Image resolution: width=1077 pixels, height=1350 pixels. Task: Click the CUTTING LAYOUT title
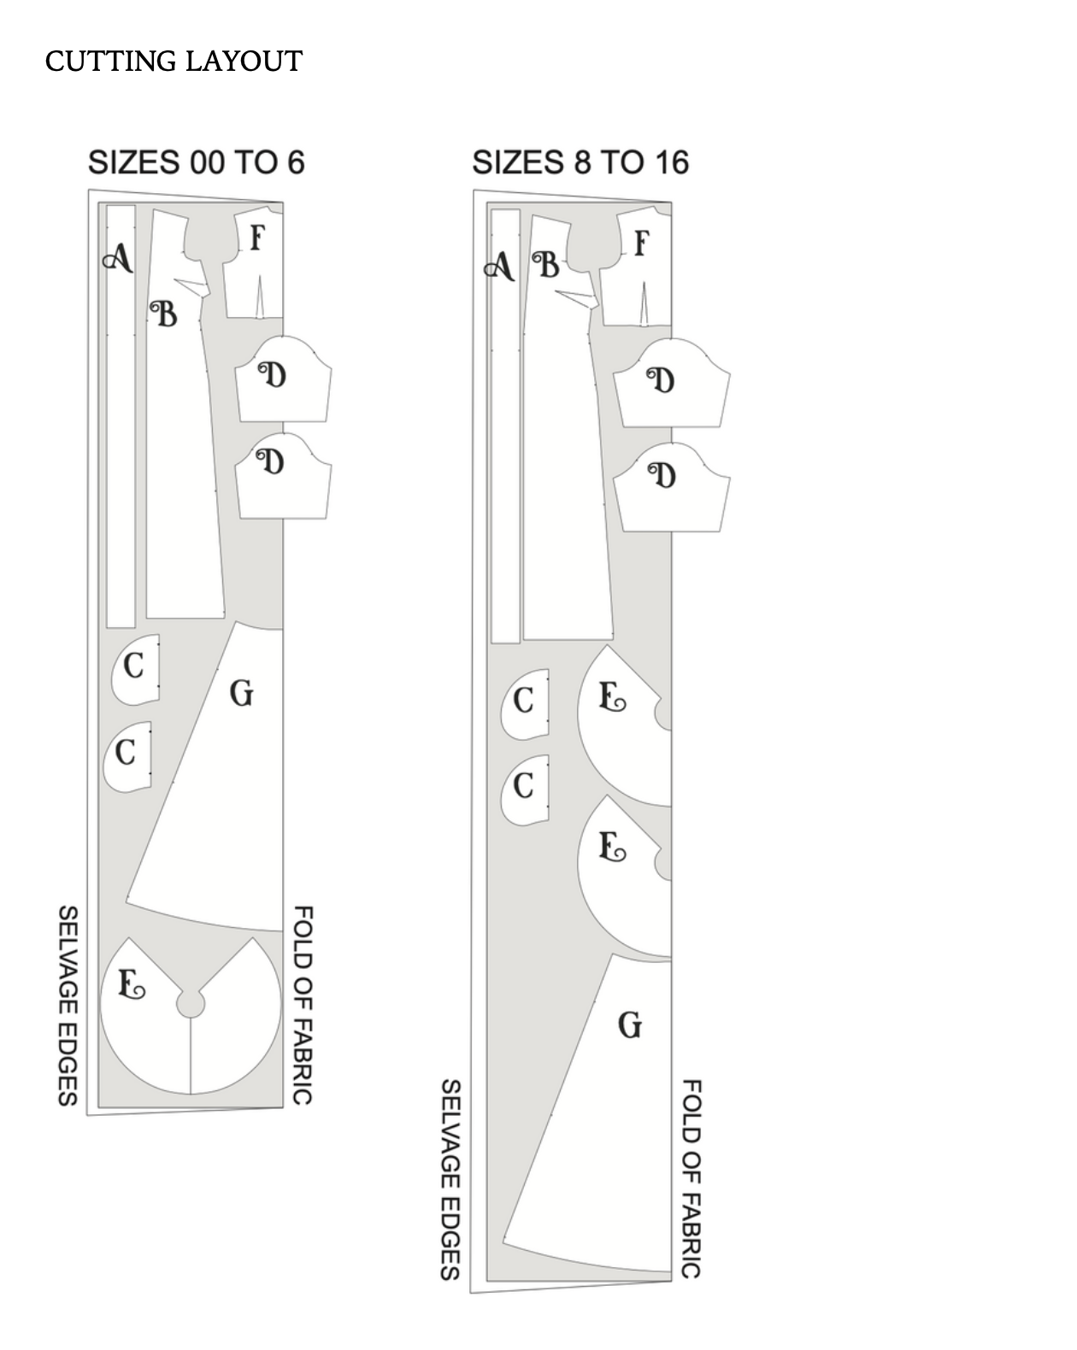(174, 61)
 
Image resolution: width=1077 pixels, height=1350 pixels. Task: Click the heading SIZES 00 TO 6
(197, 162)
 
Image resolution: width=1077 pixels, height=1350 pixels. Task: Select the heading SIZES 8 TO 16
(580, 162)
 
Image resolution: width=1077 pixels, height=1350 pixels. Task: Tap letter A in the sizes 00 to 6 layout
(119, 257)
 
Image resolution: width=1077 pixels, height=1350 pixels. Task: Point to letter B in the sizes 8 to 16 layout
(546, 265)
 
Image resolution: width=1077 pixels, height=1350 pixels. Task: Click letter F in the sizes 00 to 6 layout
(257, 238)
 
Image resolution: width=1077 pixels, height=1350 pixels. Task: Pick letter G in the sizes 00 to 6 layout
(242, 693)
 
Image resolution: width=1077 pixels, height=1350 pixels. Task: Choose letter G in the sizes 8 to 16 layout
(630, 1025)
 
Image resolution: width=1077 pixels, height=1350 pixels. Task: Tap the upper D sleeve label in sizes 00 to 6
(273, 375)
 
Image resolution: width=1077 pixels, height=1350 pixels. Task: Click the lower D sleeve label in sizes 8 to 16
(662, 475)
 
